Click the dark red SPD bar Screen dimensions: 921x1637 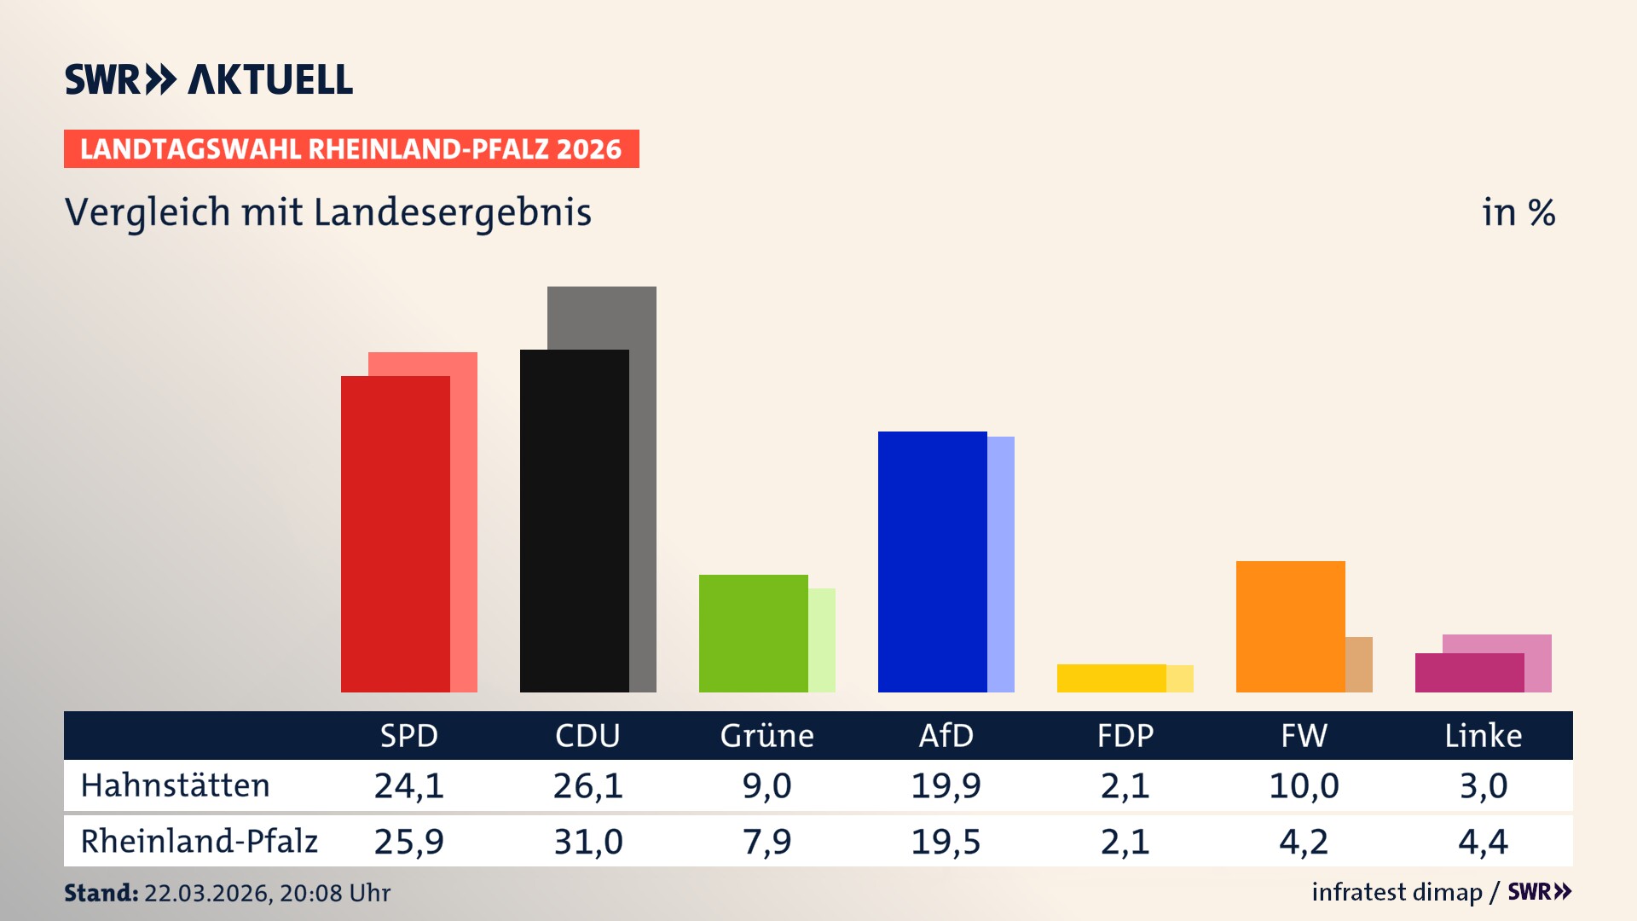point(395,534)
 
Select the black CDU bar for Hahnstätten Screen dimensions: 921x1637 point(574,520)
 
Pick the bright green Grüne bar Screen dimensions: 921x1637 point(753,633)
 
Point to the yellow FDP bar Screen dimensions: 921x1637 point(1111,678)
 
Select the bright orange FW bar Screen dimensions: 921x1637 point(1290,626)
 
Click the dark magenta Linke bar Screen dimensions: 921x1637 point(1469,672)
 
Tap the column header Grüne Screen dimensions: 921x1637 point(766,735)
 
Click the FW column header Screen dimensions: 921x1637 point(1304,735)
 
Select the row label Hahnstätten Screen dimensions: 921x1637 point(175,785)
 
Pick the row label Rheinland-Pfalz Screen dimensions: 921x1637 point(199,841)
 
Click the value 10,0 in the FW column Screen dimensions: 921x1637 point(1304,785)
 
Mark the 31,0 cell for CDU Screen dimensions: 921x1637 point(587,842)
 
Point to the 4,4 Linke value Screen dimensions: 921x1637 point(1483,842)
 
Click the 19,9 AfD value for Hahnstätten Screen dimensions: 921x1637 point(946,785)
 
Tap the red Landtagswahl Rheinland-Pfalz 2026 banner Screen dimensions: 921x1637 point(351,148)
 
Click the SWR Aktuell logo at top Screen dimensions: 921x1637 point(209,79)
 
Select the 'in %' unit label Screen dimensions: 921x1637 point(1518,212)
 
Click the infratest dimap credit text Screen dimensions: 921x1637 point(1397,892)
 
